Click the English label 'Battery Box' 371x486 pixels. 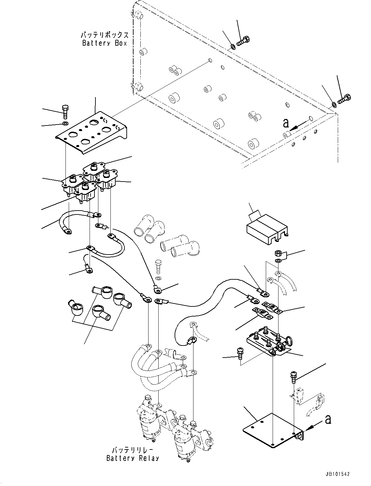coord(104,43)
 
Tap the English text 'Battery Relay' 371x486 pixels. coord(133,458)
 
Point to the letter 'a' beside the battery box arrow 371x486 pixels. coord(286,123)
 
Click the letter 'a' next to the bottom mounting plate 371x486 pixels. coord(328,420)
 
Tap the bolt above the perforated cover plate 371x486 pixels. coord(65,111)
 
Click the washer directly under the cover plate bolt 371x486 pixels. coord(65,124)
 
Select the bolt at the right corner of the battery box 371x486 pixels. coord(345,99)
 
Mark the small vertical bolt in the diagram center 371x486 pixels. coord(158,267)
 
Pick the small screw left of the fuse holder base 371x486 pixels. coord(239,353)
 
